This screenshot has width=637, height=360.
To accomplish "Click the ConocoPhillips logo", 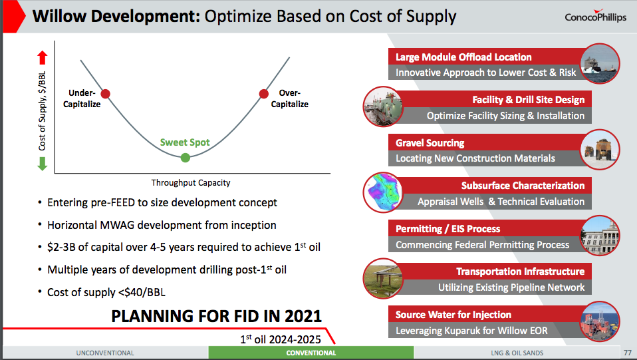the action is [595, 16].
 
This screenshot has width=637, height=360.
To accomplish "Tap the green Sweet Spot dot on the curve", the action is [186, 158].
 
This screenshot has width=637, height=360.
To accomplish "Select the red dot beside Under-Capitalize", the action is [105, 94].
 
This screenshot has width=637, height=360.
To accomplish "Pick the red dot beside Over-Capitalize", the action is [264, 94].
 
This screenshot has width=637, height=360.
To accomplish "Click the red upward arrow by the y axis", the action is [43, 58].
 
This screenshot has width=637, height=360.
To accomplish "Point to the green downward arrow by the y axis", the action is [43, 164].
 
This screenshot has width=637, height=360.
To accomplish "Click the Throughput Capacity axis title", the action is [191, 182].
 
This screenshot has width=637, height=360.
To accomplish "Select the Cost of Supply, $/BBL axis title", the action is [43, 111].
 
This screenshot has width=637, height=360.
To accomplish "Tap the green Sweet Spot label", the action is [185, 142].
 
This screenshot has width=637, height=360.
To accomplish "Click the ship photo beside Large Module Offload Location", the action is [600, 64].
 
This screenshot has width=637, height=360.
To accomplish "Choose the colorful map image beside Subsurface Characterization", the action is [383, 192].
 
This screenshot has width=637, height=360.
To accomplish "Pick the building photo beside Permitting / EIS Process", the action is [600, 236].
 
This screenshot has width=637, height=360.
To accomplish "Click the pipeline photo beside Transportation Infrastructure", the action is [383, 278].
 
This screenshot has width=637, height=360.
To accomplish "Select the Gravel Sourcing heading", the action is [430, 143].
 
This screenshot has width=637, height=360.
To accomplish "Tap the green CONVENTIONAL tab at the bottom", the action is [311, 353].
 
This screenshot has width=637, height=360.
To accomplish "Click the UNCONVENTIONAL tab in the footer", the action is [105, 353].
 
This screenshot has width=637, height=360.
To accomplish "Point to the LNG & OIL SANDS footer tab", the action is [517, 353].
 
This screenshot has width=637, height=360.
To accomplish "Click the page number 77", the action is [628, 353].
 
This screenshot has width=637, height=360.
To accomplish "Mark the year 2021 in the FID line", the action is [303, 316].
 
